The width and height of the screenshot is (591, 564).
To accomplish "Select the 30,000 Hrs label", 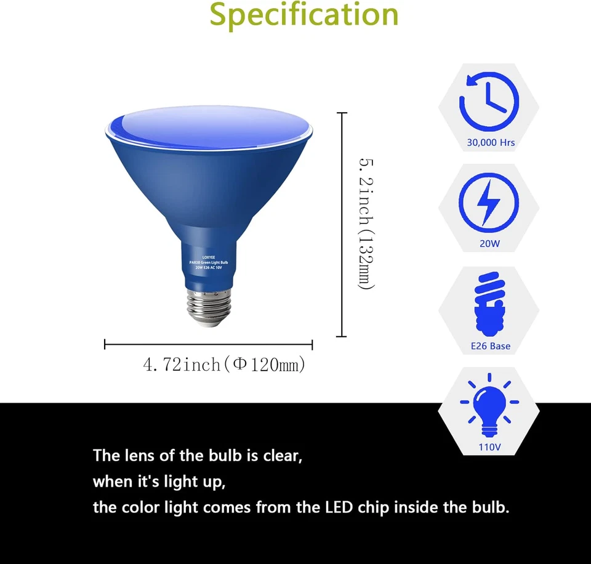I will point(491,143).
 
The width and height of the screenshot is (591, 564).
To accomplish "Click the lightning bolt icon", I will point(489,201).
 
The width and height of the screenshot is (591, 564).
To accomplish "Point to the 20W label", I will point(490,244).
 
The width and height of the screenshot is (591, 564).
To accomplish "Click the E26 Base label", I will point(490,346).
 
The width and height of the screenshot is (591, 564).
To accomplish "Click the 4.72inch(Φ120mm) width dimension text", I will point(224,365).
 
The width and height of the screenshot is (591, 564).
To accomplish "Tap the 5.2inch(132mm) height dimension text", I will point(366,224).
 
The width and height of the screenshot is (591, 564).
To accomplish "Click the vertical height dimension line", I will point(342,225).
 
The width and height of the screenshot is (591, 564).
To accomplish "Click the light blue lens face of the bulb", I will point(209,123).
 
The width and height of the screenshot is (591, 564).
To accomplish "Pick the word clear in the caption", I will point(282,456).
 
